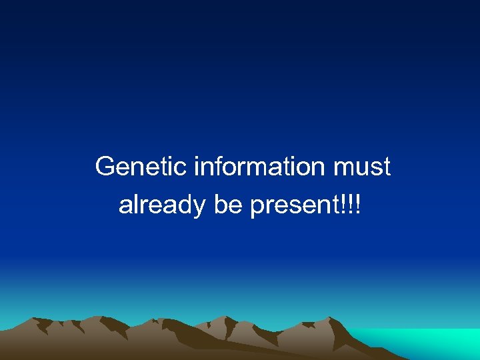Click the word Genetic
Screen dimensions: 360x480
[x=141, y=167]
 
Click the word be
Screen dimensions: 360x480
[x=228, y=205]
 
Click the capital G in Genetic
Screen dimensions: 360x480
[x=105, y=167]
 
